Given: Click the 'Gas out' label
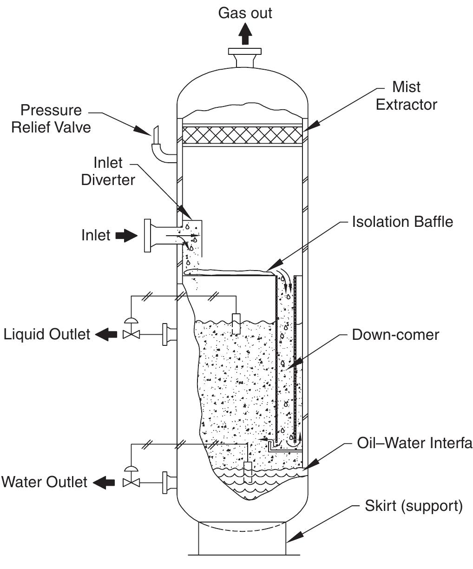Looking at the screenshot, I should tap(245, 13).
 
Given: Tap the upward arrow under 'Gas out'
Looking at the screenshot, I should tap(245, 34).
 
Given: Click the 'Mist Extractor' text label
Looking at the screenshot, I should tap(406, 96).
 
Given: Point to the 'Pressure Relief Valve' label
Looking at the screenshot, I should tap(51, 119).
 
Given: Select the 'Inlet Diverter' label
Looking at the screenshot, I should tap(108, 171).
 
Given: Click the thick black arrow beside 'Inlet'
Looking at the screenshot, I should tap(126, 236).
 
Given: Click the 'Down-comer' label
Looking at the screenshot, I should tap(395, 334).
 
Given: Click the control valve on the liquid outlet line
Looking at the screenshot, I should tap(131, 331).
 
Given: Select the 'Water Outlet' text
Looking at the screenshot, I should tap(44, 482).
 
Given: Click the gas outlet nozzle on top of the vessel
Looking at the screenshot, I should tap(245, 58).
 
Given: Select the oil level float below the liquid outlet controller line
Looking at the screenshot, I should tap(236, 323).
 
